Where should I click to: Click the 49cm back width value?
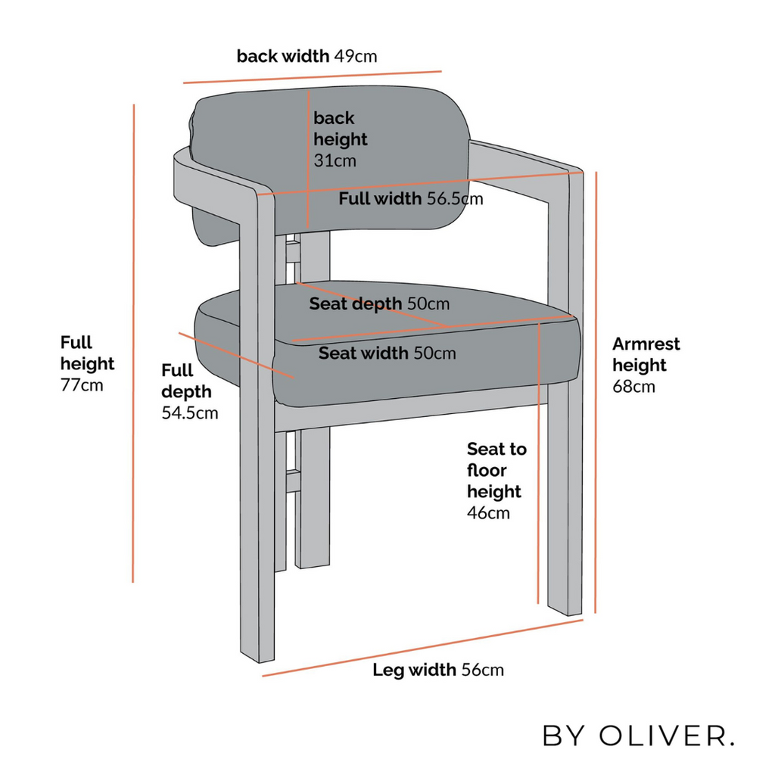point(355,56)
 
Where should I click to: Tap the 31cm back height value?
point(334,160)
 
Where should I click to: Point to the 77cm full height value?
point(82,385)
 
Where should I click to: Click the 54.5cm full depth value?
point(190,413)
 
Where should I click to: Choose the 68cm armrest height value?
point(633,387)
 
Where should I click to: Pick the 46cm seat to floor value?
point(488,513)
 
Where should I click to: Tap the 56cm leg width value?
point(482,670)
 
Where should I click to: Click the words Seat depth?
point(355,304)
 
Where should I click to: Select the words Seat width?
point(364,353)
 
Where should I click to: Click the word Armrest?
point(646,344)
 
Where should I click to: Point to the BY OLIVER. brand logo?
point(638,735)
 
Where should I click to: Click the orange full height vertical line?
point(133,341)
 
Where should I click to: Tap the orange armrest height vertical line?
point(596,394)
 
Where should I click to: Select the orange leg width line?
point(424,646)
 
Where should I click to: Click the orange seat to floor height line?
point(538,462)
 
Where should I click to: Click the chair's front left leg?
point(257,530)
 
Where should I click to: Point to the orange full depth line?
point(235,354)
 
